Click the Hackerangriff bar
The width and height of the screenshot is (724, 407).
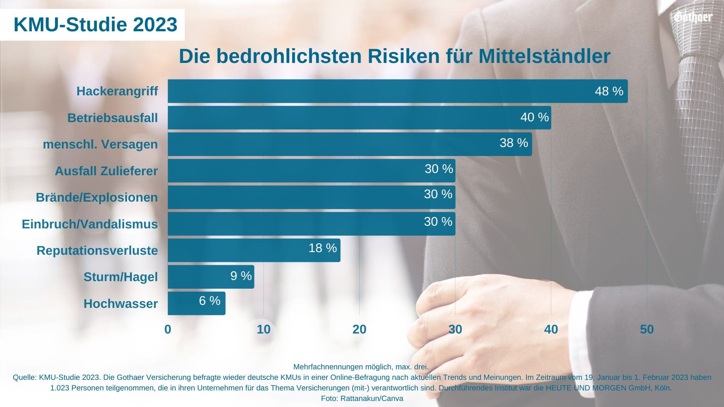377,91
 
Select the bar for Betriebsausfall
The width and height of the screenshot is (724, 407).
339,118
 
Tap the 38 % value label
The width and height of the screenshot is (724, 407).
514,143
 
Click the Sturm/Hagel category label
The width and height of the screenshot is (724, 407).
121,277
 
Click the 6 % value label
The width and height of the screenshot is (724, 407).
210,301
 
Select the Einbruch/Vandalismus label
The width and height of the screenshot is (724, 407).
90,224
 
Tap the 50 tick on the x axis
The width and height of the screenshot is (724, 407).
647,329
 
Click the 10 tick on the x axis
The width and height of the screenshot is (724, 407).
264,329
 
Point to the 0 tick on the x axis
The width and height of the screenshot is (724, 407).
168,329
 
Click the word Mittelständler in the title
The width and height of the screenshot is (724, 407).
544,56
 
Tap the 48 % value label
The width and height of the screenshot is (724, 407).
609,91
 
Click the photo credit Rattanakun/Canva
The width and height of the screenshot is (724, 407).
371,398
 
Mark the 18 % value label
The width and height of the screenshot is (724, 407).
322,248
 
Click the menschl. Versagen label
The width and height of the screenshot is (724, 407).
100,144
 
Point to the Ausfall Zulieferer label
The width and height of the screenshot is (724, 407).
106,171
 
